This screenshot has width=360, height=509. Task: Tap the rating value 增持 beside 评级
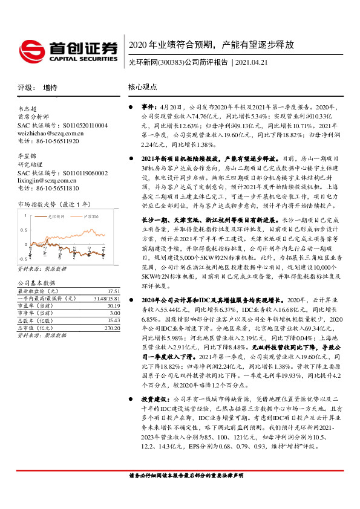click(x=51, y=88)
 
